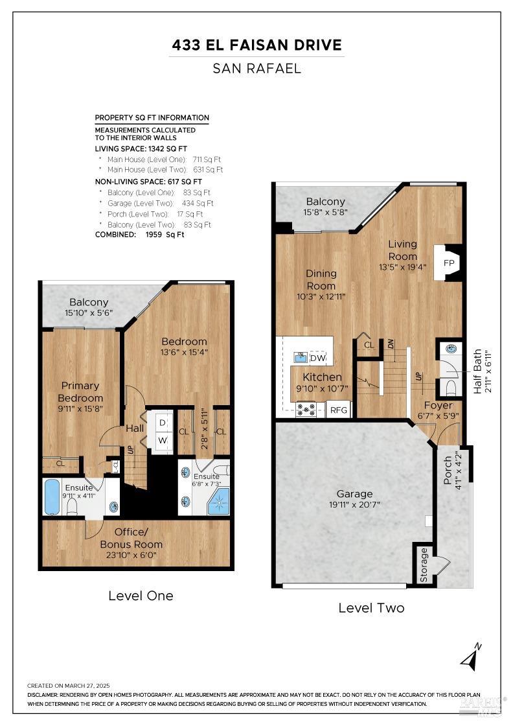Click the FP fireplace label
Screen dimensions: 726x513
[448, 263]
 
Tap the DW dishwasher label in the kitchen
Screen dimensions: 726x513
[317, 358]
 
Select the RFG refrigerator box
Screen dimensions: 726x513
[339, 410]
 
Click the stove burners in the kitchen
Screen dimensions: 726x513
[306, 410]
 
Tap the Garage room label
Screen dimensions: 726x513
[354, 494]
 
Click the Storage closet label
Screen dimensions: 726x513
[424, 564]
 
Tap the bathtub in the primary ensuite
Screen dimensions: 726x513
[52, 497]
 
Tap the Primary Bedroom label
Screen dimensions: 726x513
[80, 392]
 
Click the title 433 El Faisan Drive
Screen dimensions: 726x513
[256, 45]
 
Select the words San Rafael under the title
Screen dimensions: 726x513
[256, 68]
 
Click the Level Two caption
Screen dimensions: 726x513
[371, 608]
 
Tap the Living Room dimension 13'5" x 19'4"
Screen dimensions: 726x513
[402, 266]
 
